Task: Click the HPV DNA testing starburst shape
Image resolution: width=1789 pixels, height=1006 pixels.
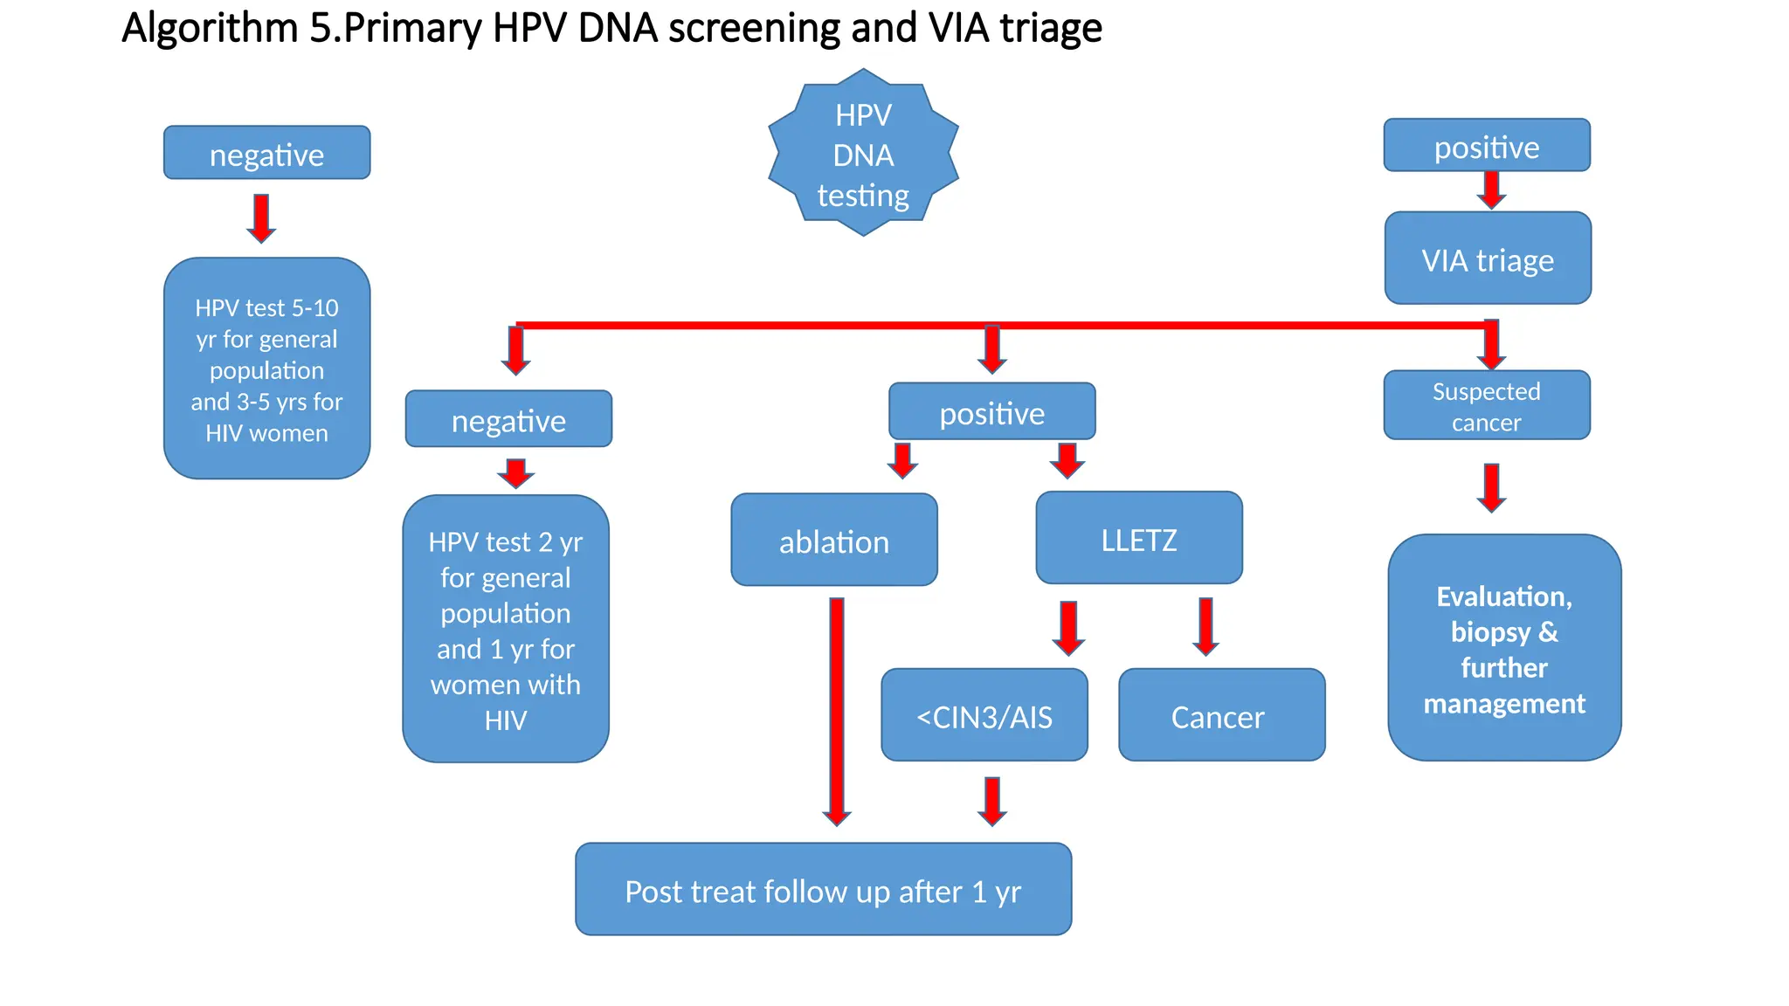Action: click(863, 155)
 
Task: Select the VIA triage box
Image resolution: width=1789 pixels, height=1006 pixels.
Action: click(1488, 259)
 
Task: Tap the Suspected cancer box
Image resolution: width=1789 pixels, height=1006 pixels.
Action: click(1487, 406)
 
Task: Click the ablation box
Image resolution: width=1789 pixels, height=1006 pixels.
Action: click(834, 541)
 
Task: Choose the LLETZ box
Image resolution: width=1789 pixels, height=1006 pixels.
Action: click(1139, 539)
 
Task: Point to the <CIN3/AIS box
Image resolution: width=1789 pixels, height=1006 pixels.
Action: click(984, 716)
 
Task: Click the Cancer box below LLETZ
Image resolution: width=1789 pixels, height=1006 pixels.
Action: click(1221, 716)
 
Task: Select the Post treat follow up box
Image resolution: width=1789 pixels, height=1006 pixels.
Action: click(823, 890)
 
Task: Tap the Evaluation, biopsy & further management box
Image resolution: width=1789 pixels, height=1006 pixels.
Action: click(1504, 649)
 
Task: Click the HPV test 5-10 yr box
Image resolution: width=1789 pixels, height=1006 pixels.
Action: click(267, 369)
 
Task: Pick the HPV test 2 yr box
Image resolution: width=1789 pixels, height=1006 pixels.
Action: click(506, 630)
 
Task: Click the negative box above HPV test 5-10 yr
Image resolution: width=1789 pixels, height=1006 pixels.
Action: click(267, 154)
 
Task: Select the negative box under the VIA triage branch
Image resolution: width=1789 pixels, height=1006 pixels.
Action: click(508, 420)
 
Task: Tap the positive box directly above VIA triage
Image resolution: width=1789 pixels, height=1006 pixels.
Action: click(1487, 146)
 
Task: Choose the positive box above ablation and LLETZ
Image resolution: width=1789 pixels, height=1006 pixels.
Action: click(991, 412)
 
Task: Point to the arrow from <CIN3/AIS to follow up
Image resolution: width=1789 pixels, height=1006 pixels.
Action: click(992, 800)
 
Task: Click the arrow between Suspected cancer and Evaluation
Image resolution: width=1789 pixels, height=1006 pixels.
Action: click(1492, 486)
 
